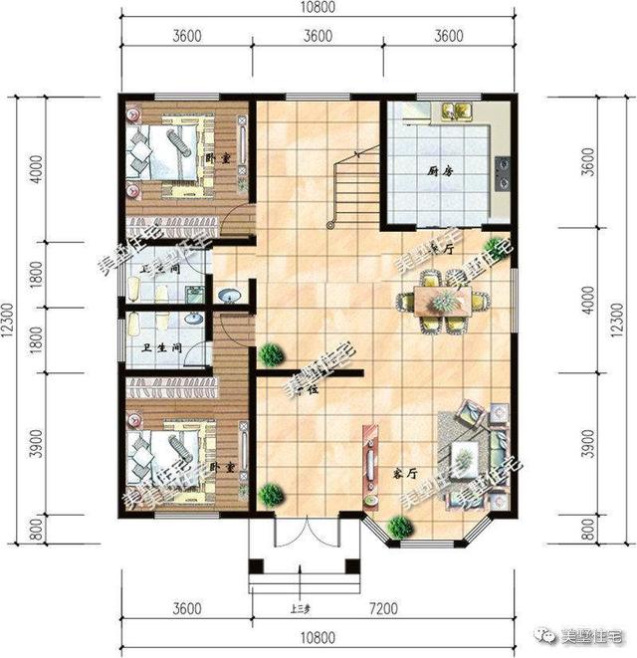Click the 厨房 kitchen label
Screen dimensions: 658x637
[427, 170]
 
